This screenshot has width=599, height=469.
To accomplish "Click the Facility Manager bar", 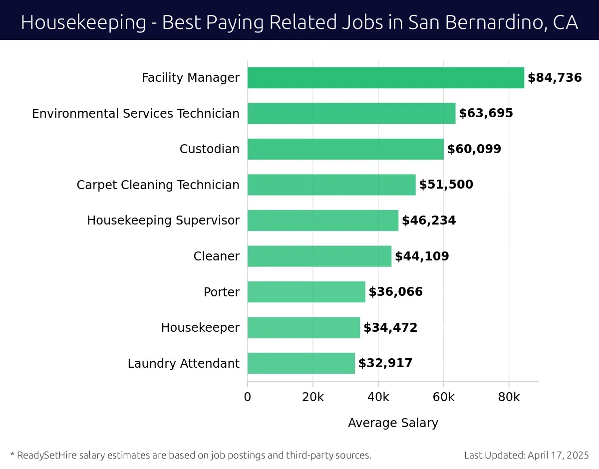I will (x=385, y=78).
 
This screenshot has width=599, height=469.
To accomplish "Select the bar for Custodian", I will (x=345, y=149).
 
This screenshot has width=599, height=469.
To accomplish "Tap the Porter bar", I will (x=306, y=292).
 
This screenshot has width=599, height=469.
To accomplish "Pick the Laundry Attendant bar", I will (x=301, y=363).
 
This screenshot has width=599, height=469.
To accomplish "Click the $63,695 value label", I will (x=486, y=113).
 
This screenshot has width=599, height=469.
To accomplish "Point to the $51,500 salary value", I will (x=446, y=185).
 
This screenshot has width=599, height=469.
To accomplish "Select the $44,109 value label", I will (x=422, y=256).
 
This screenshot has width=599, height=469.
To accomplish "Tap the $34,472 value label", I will (x=390, y=328).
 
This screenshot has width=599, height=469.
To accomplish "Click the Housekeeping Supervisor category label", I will (x=163, y=220).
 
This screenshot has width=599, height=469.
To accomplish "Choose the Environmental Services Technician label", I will (x=136, y=113).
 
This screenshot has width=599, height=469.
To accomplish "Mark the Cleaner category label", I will (x=216, y=256).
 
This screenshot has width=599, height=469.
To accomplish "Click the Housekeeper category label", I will (x=200, y=328).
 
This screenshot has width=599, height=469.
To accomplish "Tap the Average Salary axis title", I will (x=393, y=423).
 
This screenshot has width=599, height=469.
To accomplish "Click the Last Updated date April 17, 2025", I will (x=558, y=455).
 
